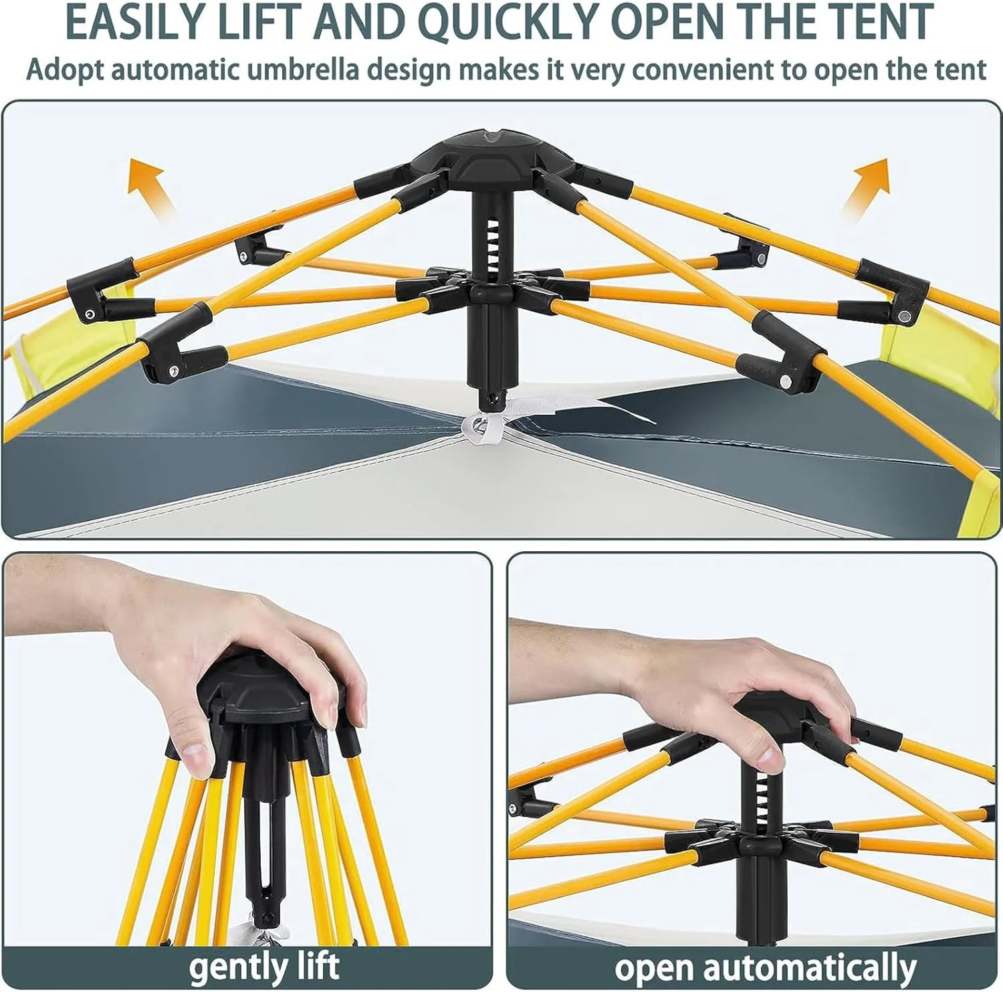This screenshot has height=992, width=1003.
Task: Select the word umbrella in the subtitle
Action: [304, 70]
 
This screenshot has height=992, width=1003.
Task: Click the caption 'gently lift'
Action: [263, 966]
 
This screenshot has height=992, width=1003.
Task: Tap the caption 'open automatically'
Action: [765, 967]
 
